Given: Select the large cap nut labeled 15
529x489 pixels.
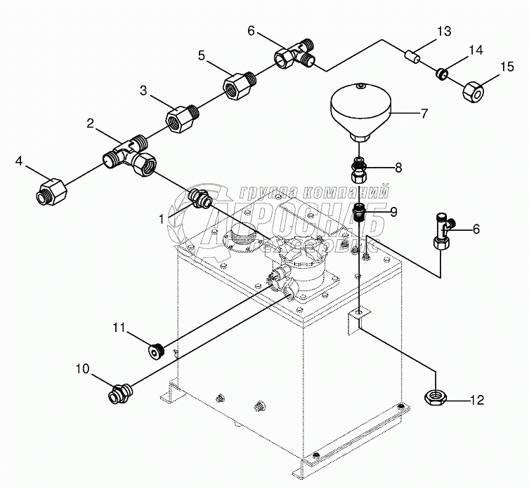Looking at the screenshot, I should point(474,90).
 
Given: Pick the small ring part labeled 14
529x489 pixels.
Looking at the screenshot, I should point(442,72).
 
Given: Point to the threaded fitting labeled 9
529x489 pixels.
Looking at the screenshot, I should point(358,212).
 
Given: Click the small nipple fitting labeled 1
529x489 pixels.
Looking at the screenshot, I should point(200,199).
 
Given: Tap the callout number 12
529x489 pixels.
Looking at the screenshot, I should point(477,401).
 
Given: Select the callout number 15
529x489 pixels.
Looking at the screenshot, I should point(507,67).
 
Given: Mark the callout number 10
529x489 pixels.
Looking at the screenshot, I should point(82,368).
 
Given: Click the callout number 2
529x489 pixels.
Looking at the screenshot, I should point(91,123).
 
